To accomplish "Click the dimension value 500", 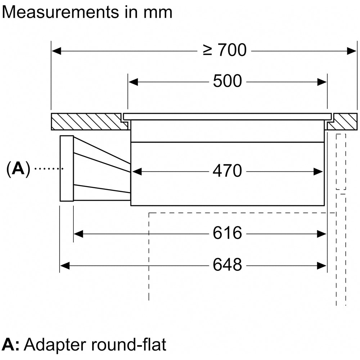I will (x=227, y=81).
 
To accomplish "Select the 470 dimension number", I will (x=227, y=171).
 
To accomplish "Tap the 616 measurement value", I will (x=227, y=234).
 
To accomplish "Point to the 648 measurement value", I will (x=227, y=265).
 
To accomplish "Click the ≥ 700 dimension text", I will (x=224, y=50).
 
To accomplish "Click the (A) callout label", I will (x=18, y=168).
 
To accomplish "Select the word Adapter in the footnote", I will (x=58, y=345).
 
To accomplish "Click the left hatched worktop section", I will (x=86, y=121).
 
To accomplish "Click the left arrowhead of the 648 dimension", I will (x=64, y=266).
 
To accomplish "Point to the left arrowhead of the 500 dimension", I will (x=133, y=82).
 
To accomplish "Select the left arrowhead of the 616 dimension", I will (x=78, y=234).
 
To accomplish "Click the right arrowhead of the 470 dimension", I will (x=318, y=172).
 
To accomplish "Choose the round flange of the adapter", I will (x=67, y=168).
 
